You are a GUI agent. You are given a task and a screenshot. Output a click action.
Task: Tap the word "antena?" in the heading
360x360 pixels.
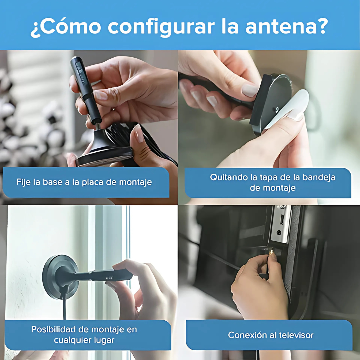point(287,26)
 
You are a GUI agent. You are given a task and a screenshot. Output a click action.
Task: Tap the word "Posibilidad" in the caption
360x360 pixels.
point(53,329)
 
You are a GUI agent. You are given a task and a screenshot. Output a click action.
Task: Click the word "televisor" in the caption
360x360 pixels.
point(296,335)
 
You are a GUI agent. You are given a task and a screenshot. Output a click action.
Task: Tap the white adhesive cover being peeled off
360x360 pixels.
point(287,110)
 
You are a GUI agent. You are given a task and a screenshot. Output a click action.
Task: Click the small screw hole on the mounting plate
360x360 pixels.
point(277,109)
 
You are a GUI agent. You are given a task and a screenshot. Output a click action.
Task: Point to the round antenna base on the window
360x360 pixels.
point(60,277)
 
